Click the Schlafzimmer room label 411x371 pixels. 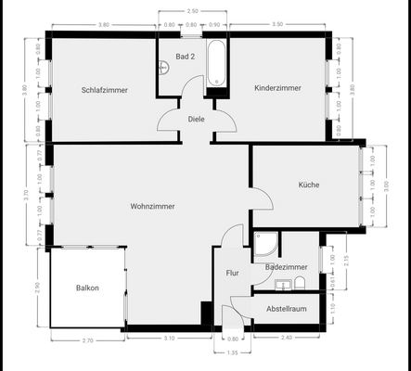[104, 90]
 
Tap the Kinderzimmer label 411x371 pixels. [278, 87]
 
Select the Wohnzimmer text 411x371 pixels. [152, 206]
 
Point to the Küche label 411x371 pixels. [309, 185]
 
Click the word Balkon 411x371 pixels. [88, 288]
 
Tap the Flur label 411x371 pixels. [233, 274]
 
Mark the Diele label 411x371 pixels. [196, 119]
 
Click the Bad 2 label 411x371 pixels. [186, 57]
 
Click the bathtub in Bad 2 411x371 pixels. [216, 63]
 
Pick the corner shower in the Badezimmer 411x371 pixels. [263, 243]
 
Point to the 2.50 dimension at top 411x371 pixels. [192, 10]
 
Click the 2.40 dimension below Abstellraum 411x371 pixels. [286, 338]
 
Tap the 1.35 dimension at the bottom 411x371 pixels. [233, 353]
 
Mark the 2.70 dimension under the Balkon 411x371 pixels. [88, 341]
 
